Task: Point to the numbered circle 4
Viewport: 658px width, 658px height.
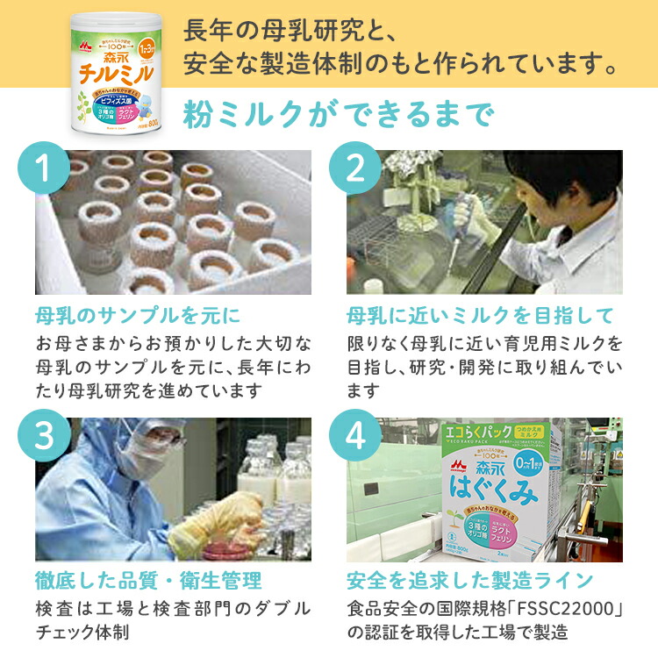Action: [x=354, y=437]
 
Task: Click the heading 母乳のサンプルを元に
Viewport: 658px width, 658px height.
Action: [x=138, y=315]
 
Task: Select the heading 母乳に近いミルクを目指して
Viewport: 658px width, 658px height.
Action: [x=480, y=315]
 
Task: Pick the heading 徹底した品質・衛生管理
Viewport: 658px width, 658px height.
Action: [x=148, y=580]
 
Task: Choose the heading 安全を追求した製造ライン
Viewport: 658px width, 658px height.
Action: [x=470, y=580]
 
